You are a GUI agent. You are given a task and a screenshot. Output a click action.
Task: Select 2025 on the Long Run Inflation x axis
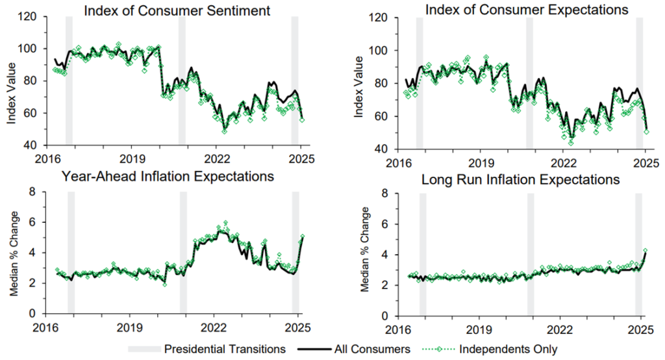tap(642, 329)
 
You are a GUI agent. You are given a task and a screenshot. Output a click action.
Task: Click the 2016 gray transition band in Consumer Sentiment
tap(69, 81)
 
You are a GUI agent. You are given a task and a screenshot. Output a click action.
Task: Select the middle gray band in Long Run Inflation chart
tap(530, 255)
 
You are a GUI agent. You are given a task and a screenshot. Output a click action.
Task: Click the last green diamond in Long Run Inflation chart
tap(645, 250)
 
